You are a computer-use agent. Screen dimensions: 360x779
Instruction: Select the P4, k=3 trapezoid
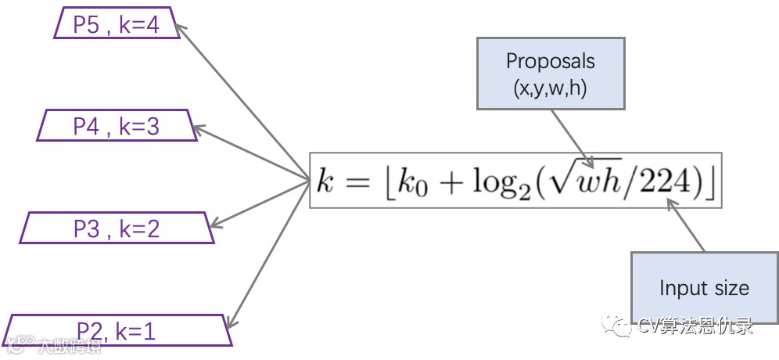point(117,126)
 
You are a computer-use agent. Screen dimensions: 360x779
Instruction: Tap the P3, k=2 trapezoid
point(117,228)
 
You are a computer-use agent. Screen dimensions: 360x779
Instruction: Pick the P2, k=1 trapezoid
point(117,330)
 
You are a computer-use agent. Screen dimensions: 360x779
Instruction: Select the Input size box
point(704,287)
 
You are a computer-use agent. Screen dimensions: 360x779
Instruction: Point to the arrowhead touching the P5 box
point(180,29)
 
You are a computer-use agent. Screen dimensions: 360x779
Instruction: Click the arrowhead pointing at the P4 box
point(199,128)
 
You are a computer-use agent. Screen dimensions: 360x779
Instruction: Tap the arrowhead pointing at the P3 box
point(216,225)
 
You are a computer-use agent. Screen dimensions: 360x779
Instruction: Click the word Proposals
point(551,61)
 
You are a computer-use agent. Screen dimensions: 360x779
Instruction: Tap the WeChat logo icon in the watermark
point(623,326)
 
